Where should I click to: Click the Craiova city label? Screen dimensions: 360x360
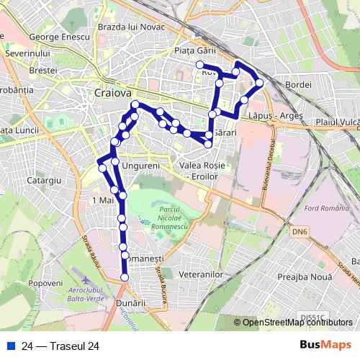[x=112, y=93]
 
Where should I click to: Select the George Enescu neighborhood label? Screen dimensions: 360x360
[x=59, y=36]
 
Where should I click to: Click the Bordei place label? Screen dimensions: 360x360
[x=298, y=85]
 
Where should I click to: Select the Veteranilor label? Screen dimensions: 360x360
[x=202, y=274]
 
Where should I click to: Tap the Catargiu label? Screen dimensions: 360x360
[x=45, y=180]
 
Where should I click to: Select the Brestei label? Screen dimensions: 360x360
[x=43, y=71]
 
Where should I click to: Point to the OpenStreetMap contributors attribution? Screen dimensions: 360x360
[x=297, y=322]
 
